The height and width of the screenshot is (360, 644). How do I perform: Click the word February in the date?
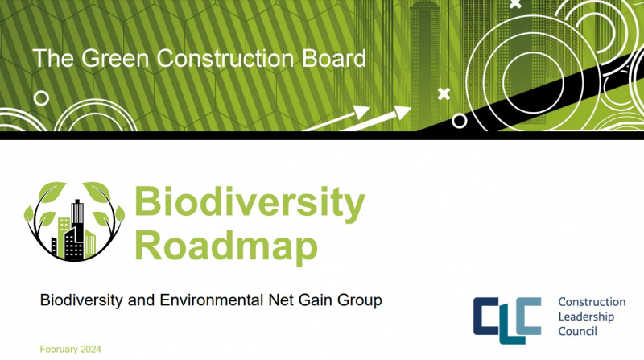click(62, 350)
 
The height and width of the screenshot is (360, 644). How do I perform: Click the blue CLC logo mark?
click(507, 317)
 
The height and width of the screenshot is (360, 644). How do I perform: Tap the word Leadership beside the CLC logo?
click(586, 317)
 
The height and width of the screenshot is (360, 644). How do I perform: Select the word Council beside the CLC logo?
click(578, 331)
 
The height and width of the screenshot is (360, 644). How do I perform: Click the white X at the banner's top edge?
click(515, 4)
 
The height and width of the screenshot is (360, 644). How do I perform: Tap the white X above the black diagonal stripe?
click(443, 94)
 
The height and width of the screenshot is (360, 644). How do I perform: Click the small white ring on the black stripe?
click(460, 121)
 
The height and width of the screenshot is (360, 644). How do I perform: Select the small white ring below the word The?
click(41, 97)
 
